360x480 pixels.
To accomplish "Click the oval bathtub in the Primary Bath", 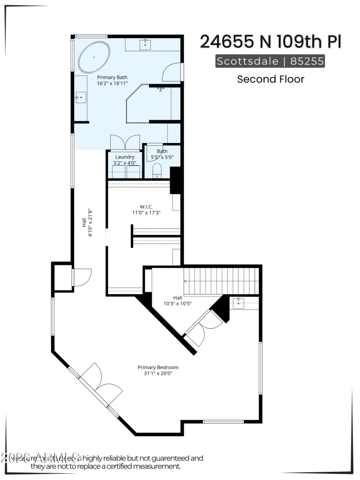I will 94,58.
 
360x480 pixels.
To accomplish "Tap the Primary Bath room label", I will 112,77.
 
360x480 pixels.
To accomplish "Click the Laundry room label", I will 125,157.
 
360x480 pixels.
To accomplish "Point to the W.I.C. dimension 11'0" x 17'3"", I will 146,212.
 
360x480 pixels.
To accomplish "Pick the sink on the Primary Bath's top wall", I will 145,44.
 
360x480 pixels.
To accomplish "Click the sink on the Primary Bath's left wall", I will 81,95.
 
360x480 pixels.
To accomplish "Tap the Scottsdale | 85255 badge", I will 270,61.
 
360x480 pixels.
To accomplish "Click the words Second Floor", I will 270,80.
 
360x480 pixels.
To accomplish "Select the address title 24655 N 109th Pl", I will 270,42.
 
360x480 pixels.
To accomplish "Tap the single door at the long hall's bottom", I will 81,277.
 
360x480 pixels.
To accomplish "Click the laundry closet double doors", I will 125,143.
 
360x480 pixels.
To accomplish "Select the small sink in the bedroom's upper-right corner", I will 238,302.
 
